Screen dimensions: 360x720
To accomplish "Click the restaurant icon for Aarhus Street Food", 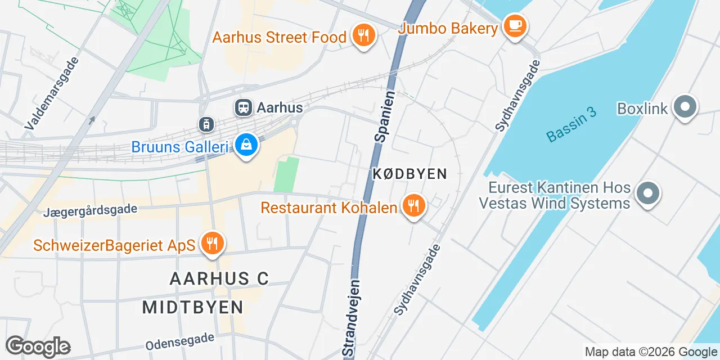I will pos(363,36).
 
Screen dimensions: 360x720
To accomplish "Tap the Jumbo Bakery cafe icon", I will pos(515,25).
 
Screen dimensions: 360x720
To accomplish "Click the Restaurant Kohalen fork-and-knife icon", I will pos(414,206).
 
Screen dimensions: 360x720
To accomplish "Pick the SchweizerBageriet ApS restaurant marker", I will pos(212,244).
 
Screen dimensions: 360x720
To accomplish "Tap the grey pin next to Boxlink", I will pos(685,107).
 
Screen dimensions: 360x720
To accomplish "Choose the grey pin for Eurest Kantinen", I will pos(648,193).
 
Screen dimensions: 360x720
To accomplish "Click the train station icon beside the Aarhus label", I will pos(244,107).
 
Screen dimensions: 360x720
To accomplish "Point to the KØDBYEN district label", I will pos(409,174).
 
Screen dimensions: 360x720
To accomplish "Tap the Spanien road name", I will pos(384,117).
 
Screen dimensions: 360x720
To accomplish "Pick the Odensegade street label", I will pos(180,340).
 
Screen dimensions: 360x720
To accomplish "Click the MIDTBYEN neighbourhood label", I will pos(193,307).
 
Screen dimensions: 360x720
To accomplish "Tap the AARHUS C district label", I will pos(219,278).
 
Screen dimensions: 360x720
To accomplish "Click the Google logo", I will pos(38,346).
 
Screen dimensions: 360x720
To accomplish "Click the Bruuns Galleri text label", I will pos(179,147).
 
